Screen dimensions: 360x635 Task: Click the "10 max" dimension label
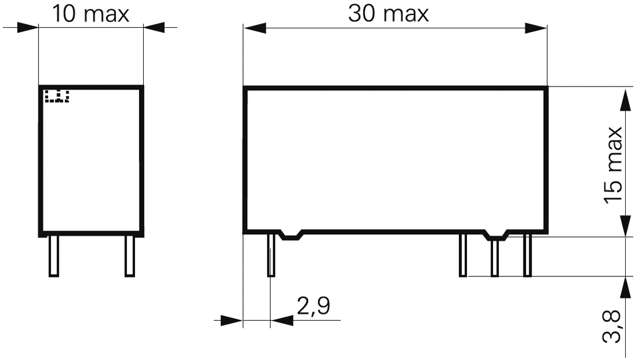[91, 14]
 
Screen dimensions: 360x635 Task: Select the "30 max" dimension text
[389, 14]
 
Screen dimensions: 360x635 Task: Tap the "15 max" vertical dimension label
[614, 164]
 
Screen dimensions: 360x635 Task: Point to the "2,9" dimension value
[313, 306]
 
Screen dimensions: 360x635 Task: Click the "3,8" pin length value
[614, 325]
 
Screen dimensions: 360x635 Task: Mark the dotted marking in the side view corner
[57, 96]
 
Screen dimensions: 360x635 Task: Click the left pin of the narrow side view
[54, 256]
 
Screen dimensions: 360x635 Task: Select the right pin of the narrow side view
[130, 256]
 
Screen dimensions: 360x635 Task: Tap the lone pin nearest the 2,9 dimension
[271, 255]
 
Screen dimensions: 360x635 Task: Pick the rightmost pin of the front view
[527, 256]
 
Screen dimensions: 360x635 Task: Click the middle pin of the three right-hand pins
[495, 257]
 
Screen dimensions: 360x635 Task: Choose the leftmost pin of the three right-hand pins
[462, 256]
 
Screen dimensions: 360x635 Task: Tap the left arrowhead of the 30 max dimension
[254, 28]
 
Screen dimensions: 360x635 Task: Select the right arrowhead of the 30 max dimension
[536, 28]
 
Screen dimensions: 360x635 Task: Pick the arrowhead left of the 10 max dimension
[28, 27]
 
